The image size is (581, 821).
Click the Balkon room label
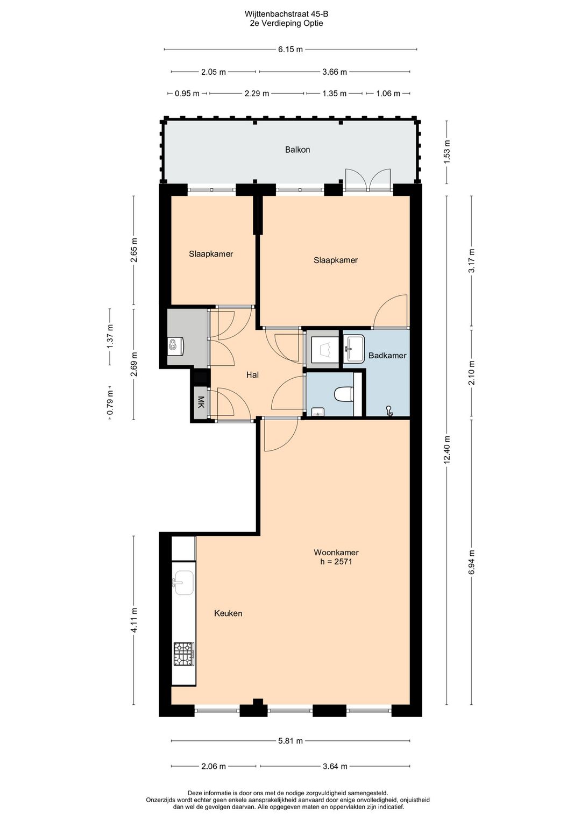tap(297, 150)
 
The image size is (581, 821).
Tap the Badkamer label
tap(387, 356)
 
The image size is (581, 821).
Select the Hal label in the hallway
tap(252, 374)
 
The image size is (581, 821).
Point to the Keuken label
tap(228, 613)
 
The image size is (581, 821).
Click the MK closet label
tap(201, 402)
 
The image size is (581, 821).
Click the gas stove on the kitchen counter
tap(183, 654)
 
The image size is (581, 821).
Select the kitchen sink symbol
tap(183, 583)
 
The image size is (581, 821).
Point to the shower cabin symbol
tap(323, 350)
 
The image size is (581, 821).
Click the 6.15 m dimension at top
tap(290, 49)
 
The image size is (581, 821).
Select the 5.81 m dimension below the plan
tap(290, 741)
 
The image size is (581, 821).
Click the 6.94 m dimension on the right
tap(472, 562)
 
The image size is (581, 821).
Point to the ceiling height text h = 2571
tap(336, 562)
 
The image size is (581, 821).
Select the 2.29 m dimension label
tap(257, 94)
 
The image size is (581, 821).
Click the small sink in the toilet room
tap(318, 412)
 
